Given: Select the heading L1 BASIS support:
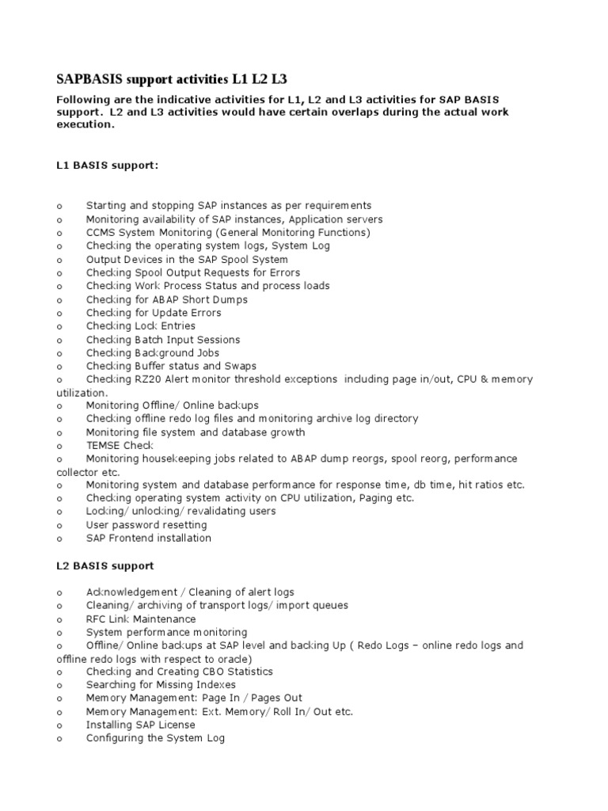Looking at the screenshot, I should [x=107, y=166].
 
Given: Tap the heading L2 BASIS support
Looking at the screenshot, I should [x=105, y=565].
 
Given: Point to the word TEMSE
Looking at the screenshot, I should [x=103, y=445].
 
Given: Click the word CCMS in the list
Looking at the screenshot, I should [x=101, y=232].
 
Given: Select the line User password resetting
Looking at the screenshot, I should [x=146, y=524].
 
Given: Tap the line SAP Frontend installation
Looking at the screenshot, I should [x=149, y=538].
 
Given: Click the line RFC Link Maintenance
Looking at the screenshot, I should [x=141, y=619].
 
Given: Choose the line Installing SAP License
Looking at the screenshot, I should [x=140, y=725].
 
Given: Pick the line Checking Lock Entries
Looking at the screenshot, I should [x=141, y=326].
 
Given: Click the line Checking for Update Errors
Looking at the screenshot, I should [x=154, y=313].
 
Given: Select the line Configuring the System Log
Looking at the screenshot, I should [x=155, y=737].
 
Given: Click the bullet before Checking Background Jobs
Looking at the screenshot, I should [x=59, y=353].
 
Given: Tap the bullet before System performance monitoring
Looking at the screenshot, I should [x=59, y=633].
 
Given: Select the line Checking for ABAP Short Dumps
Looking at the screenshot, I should [x=166, y=299].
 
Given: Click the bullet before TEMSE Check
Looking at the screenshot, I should [x=59, y=446].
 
